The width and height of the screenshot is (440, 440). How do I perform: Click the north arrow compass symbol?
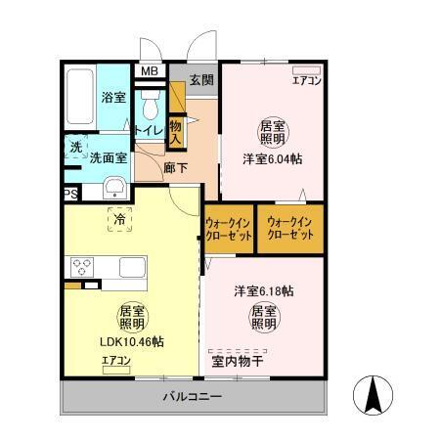pyautogui.click(x=375, y=397)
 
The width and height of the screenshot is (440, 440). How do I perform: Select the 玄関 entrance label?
pyautogui.click(x=201, y=80)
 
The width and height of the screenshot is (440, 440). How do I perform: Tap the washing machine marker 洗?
pyautogui.click(x=75, y=148)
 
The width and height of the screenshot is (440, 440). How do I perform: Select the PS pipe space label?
pyautogui.click(x=70, y=195)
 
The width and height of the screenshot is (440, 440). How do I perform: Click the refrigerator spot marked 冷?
pyautogui.click(x=118, y=222)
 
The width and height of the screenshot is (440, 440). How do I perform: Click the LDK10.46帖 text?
pyautogui.click(x=131, y=342)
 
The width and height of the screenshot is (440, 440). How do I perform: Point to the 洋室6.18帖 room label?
pyautogui.click(x=263, y=291)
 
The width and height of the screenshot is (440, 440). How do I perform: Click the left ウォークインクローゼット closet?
pyautogui.click(x=229, y=230)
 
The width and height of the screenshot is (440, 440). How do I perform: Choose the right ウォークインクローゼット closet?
pyautogui.click(x=289, y=230)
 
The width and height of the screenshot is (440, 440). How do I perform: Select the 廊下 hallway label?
pyautogui.click(x=176, y=167)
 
